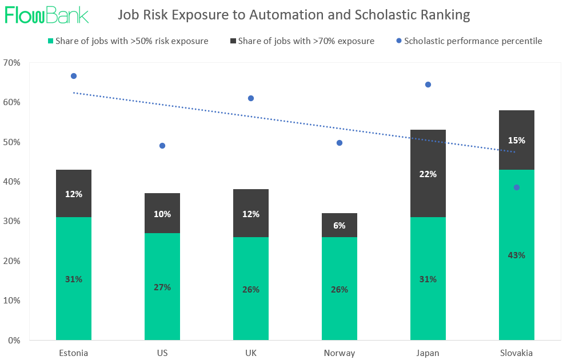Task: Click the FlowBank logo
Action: [x=47, y=15]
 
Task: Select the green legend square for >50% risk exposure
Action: [x=50, y=41]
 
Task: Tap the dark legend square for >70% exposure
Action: [x=233, y=41]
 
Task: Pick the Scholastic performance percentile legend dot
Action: [x=398, y=41]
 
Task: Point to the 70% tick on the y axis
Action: [x=12, y=62]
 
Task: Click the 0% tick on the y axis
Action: [x=14, y=340]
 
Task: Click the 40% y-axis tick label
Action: [x=12, y=182]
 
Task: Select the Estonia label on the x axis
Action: [x=74, y=353]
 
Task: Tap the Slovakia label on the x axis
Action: [x=516, y=353]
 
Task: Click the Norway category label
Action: [x=339, y=353]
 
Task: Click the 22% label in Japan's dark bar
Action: [x=428, y=174]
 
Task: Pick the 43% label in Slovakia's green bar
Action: [x=517, y=255]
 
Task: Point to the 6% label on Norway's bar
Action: [x=340, y=225]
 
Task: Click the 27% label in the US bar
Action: [x=162, y=287]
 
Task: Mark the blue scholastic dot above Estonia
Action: [x=74, y=76]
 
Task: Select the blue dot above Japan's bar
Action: [x=428, y=85]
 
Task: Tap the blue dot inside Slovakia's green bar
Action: [x=517, y=187]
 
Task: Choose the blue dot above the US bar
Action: [x=162, y=146]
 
